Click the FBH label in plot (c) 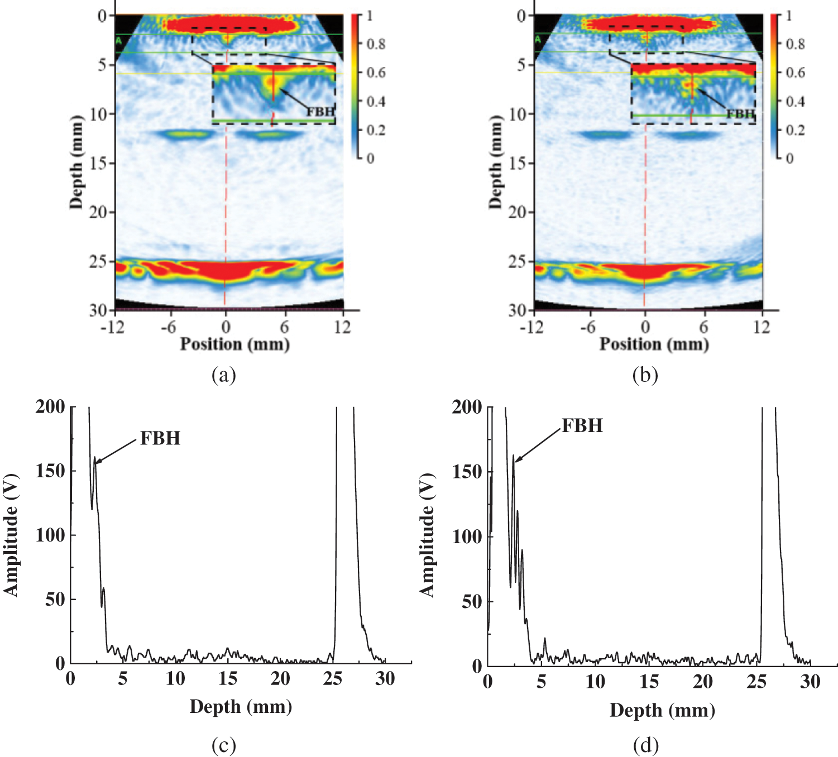160,438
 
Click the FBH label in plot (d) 582,426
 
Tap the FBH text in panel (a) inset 320,112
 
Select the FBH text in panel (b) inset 740,114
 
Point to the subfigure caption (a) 224,375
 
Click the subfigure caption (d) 646,745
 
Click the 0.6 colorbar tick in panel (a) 376,73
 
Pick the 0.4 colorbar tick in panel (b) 795,102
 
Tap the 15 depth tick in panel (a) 98,163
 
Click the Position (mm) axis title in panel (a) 234,344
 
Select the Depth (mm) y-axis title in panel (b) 495,162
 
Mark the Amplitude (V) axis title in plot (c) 11,535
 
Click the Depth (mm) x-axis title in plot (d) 662,710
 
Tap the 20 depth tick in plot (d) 703,682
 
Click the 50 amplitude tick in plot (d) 472,601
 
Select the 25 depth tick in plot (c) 333,679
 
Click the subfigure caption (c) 224,745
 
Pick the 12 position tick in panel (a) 342,327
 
